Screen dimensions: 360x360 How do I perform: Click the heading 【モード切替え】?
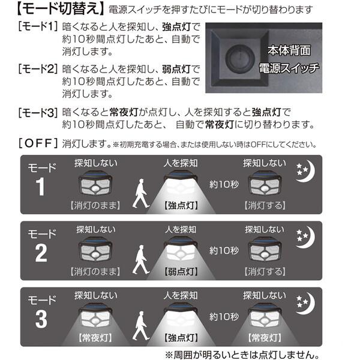pos(61,10)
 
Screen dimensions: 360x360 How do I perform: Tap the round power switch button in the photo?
pos(240,59)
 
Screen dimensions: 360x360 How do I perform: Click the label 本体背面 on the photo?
pos(289,50)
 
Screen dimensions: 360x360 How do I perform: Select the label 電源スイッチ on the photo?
pos(289,68)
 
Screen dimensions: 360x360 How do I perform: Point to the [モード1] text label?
pos(38,26)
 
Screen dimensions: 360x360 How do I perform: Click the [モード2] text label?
pos(38,68)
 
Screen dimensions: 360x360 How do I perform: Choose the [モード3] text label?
pos(38,112)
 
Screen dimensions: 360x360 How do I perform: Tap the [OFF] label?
pos(38,143)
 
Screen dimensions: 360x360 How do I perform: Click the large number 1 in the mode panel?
pos(40,187)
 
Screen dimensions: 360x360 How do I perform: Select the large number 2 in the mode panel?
pos(41,253)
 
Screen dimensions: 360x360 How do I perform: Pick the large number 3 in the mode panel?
pos(41,319)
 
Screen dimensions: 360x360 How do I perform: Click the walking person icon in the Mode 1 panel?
pos(141,194)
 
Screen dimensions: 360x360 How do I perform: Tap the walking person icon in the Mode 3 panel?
pos(141,326)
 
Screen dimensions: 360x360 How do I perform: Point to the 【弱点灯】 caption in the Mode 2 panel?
pos(181,272)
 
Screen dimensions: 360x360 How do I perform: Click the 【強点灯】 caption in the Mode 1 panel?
pos(181,205)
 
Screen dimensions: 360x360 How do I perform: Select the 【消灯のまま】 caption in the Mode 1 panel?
pos(95,205)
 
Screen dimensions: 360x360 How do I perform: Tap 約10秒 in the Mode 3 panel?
pos(224,317)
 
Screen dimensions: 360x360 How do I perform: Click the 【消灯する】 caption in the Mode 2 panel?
pos(265,272)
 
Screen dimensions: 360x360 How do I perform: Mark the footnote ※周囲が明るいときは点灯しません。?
pos(242,355)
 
